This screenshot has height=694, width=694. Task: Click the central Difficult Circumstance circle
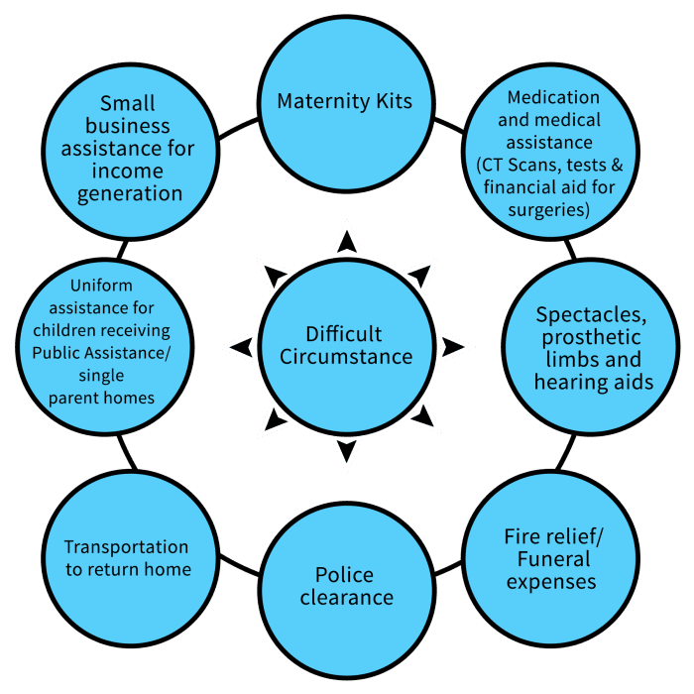tap(346, 345)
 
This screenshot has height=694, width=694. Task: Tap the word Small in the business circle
tap(127, 103)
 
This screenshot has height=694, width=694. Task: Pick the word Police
tap(345, 576)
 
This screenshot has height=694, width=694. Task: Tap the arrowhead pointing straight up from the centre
tap(345, 239)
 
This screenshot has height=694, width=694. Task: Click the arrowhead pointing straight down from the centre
tap(345, 452)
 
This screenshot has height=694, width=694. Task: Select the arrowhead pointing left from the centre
tap(239, 346)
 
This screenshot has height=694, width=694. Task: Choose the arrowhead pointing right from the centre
tap(453, 346)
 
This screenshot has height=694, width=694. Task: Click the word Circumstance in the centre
tap(346, 357)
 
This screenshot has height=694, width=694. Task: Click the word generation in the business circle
tap(130, 192)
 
